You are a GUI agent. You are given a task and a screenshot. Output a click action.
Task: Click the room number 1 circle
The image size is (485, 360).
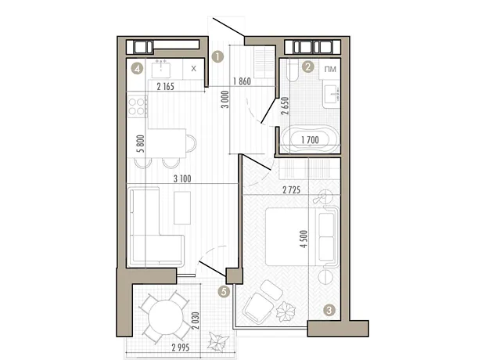[217, 57]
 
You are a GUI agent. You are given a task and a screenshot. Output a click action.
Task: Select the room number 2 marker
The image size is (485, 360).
[307, 67]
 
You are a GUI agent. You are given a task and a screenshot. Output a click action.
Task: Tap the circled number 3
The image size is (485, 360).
[329, 310]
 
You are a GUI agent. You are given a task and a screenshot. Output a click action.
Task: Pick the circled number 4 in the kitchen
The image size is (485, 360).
[137, 68]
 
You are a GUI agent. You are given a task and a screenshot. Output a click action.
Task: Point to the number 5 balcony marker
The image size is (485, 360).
[224, 291]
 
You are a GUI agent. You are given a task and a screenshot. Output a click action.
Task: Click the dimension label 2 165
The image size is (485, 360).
[166, 86]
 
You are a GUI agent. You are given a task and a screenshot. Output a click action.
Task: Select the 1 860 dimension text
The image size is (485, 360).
[242, 81]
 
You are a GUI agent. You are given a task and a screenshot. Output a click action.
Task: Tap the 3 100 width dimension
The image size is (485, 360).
[182, 178]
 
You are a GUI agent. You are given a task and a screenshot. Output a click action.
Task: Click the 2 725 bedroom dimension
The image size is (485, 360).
[291, 189]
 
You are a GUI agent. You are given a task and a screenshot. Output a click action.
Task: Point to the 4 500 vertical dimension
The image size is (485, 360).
[304, 239]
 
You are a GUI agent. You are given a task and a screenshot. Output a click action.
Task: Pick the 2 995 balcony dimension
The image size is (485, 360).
[181, 347]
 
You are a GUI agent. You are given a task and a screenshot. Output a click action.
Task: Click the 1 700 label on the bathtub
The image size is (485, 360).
[310, 140]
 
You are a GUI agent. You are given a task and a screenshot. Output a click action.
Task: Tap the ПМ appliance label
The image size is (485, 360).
[330, 69]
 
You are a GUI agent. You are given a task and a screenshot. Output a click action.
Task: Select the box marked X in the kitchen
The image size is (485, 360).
[194, 68]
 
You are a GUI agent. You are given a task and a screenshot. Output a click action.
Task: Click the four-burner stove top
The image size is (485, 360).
[138, 106]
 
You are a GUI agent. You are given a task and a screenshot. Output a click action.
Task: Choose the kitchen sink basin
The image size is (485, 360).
[161, 69]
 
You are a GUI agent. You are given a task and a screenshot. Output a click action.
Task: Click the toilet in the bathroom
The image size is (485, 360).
[292, 70]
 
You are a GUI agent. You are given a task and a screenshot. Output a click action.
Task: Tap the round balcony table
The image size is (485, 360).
[166, 317]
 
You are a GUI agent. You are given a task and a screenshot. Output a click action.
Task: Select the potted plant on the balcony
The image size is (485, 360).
[219, 340]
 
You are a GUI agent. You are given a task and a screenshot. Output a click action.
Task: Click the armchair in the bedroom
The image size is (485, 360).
[258, 308]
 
